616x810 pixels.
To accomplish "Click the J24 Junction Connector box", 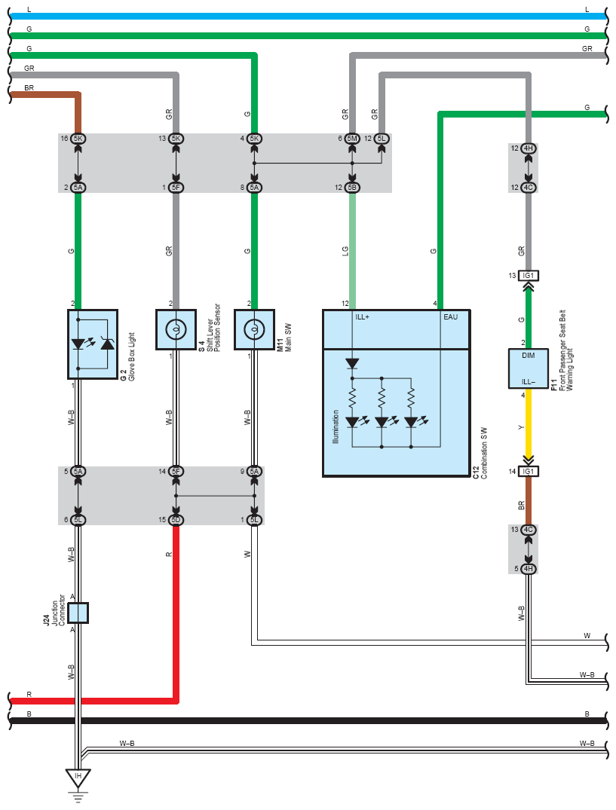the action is click(78, 613).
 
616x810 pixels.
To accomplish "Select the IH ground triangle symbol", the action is click(78, 778).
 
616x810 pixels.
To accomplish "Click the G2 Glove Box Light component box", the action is click(93, 344).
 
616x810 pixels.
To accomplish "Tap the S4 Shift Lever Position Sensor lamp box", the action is click(176, 329).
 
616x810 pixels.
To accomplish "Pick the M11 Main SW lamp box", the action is click(254, 329).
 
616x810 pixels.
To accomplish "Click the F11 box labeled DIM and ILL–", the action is click(528, 368).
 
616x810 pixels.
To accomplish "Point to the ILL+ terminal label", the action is click(362, 316).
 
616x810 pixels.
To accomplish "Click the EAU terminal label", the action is click(451, 316).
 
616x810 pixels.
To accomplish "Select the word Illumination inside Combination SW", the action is click(336, 426).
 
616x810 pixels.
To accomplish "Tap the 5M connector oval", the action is click(352, 139).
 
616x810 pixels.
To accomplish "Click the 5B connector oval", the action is click(352, 188).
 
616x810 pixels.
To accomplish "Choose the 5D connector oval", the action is click(176, 520).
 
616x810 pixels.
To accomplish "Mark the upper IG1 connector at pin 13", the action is click(528, 275).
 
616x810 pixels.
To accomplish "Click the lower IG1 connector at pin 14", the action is click(528, 471).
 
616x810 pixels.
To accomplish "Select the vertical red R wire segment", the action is click(176, 613).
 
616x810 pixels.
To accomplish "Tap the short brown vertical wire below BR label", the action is click(528, 500).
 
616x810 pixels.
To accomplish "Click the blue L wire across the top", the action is click(308, 17).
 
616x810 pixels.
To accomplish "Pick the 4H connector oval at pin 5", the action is click(528, 569).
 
